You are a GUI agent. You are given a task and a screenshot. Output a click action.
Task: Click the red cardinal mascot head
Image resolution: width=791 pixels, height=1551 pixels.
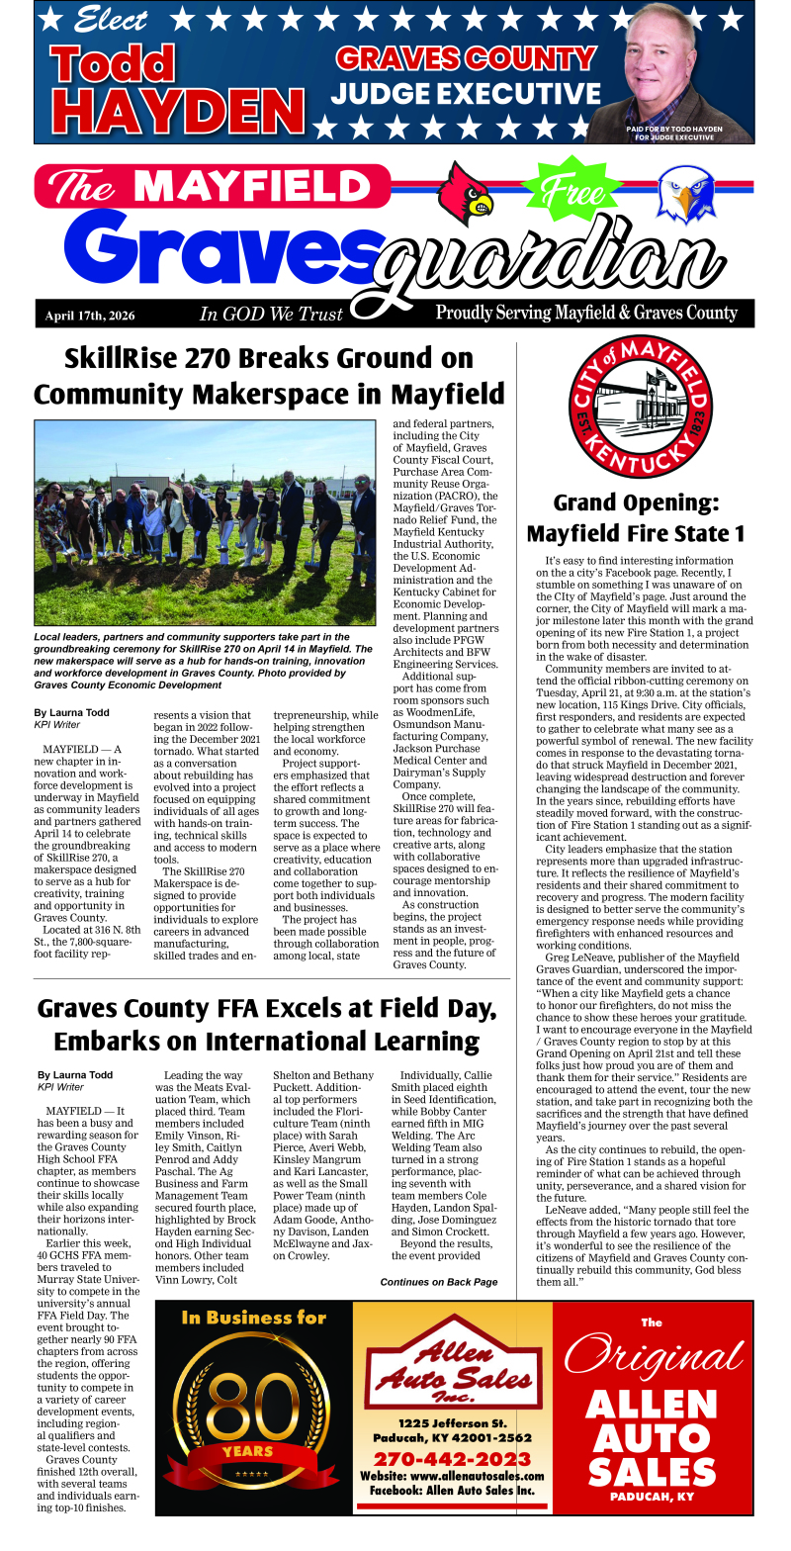pyautogui.click(x=466, y=192)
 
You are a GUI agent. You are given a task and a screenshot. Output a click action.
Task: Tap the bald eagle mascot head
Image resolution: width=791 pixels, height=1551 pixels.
pyautogui.click(x=686, y=192)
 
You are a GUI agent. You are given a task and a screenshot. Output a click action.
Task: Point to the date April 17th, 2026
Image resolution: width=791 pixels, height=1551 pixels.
pyautogui.click(x=90, y=316)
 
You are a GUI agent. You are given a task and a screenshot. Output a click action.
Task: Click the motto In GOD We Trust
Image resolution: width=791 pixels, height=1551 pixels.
pyautogui.click(x=271, y=315)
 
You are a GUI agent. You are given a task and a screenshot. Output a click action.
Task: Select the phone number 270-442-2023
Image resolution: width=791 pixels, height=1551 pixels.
pyautogui.click(x=452, y=1459)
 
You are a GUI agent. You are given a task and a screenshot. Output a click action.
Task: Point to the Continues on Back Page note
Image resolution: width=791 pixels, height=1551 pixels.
pyautogui.click(x=439, y=1282)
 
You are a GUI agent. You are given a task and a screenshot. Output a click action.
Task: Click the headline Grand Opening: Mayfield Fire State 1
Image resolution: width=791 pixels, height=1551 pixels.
pyautogui.click(x=635, y=517)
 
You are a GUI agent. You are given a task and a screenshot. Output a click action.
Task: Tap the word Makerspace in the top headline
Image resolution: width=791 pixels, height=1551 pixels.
pyautogui.click(x=284, y=393)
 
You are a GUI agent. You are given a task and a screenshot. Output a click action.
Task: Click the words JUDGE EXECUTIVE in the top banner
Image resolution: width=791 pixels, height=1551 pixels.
pyautogui.click(x=465, y=94)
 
